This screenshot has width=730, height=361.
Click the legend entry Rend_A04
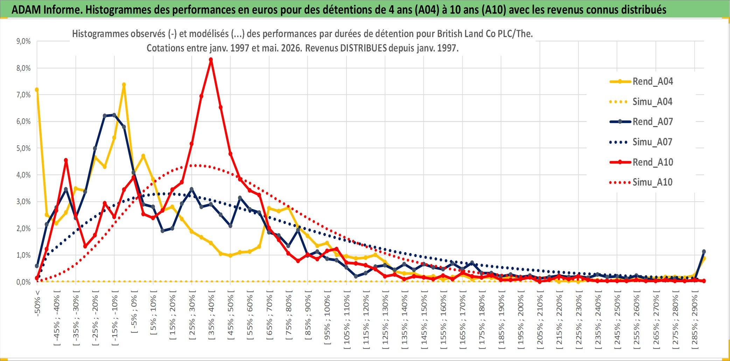(x=641, y=82)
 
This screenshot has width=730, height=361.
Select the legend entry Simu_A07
(x=641, y=142)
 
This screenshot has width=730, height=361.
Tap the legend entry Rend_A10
(x=641, y=162)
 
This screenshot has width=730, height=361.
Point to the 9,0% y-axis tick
(x=23, y=41)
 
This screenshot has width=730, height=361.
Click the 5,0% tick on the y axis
(x=23, y=148)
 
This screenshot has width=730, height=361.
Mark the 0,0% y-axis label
(x=23, y=282)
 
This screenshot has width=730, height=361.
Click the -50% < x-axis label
(x=37, y=303)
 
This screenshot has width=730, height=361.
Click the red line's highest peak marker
(x=211, y=60)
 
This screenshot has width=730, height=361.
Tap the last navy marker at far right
(x=704, y=252)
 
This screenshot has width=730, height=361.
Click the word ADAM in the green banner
(x=26, y=9)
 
